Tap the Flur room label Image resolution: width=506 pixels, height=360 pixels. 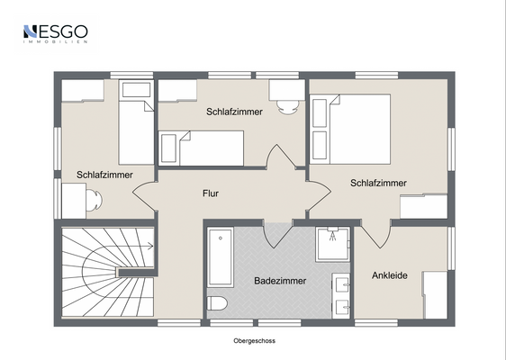pos(211,193)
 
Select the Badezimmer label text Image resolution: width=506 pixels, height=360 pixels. pos(280,281)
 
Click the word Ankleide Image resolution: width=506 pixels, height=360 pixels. pos(390,275)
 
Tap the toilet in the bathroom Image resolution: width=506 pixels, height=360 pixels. pos(220,304)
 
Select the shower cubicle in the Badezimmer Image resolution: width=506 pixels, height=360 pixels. pos(332,243)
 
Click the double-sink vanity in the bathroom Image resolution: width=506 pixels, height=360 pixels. pos(341,295)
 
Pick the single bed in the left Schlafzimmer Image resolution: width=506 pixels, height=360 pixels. pos(136,121)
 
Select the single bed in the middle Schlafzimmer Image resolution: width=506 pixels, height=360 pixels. pos(201,146)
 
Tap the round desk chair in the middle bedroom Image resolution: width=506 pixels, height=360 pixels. pos(287,106)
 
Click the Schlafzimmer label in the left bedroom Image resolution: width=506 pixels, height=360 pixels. pos(104,175)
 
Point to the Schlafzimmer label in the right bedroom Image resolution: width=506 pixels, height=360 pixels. pos(378,183)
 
